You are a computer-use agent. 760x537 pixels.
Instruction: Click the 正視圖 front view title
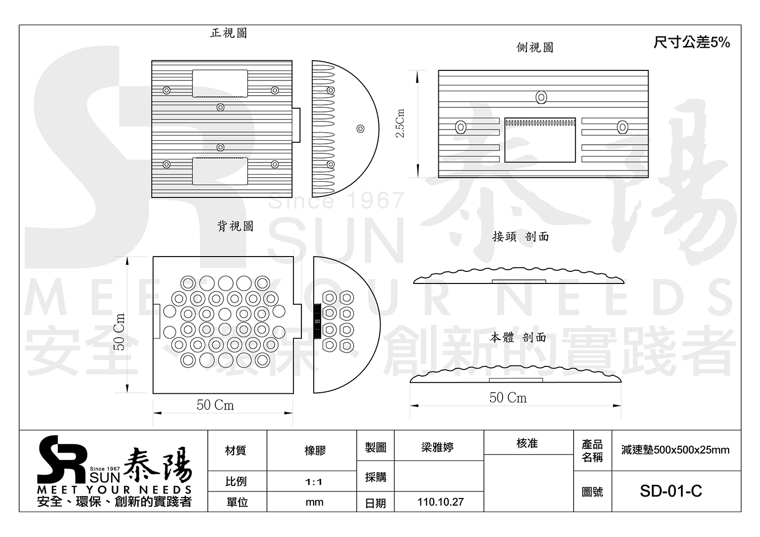(229, 33)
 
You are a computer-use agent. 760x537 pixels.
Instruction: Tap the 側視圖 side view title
(535, 48)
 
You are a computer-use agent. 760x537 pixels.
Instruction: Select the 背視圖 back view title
(235, 226)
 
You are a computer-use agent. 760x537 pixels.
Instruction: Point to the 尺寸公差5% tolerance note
(692, 43)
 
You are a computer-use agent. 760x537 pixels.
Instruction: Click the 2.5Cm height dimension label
(400, 123)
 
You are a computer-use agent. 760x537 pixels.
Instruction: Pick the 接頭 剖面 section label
(520, 237)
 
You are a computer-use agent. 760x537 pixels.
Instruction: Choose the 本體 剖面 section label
(518, 337)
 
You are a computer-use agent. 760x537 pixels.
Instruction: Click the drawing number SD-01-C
(671, 491)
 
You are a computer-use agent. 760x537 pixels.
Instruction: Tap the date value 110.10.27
(440, 502)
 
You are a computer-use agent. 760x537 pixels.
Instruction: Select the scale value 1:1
(314, 482)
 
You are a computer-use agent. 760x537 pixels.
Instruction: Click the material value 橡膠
(315, 450)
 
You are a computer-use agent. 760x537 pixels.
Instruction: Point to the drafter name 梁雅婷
(437, 447)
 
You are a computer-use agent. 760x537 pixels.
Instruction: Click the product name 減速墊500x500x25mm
(675, 450)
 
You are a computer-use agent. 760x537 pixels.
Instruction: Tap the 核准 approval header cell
(527, 443)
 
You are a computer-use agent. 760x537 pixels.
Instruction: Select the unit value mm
(314, 502)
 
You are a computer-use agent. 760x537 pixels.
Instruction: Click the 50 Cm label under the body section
(508, 398)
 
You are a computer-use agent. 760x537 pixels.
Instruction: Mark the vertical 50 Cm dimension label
(120, 332)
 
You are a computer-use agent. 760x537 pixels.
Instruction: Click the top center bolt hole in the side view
(541, 97)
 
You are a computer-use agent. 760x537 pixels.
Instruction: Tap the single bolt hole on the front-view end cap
(360, 129)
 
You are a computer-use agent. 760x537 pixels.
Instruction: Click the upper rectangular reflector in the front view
(220, 84)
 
